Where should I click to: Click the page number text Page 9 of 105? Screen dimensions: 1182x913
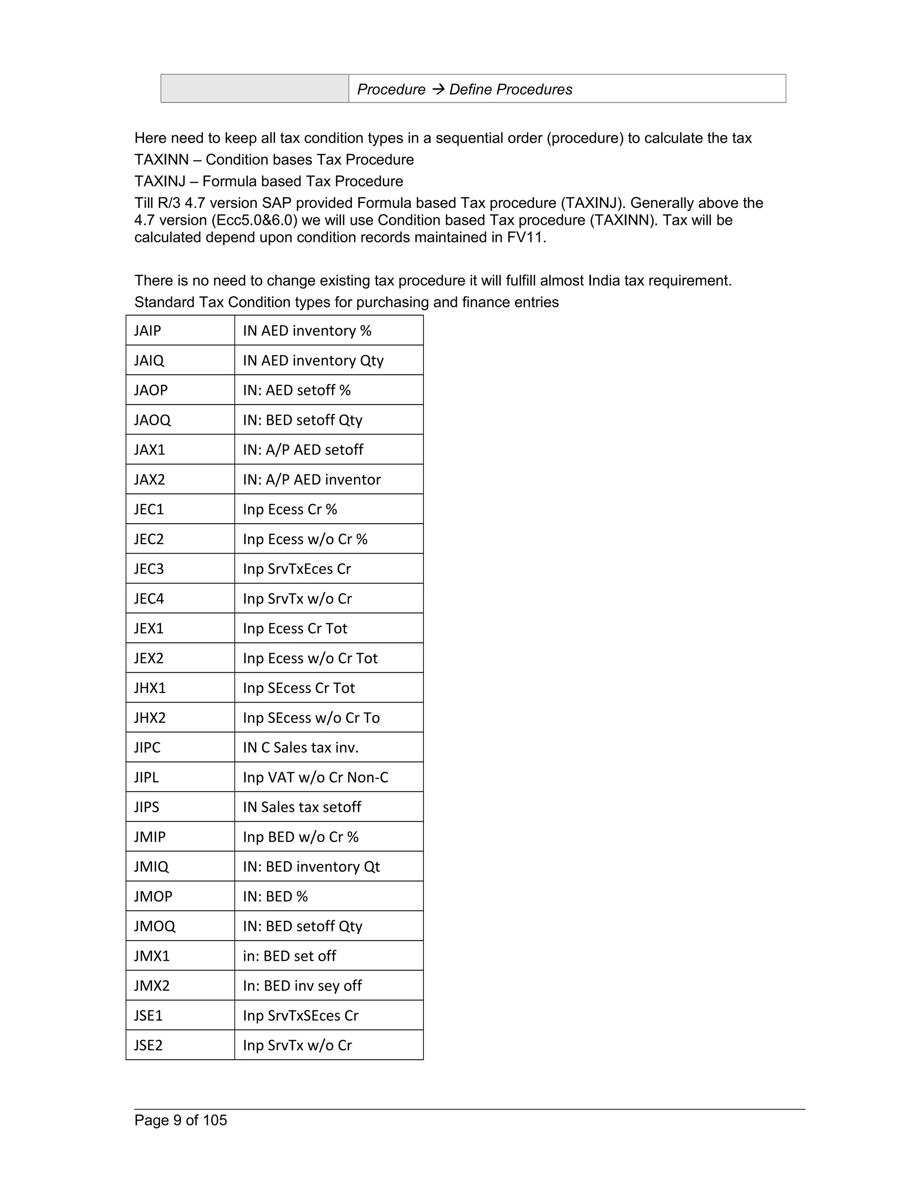[x=181, y=1120]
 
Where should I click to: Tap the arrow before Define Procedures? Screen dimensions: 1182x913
[x=437, y=89]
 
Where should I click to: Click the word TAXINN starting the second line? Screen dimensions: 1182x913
[x=161, y=160]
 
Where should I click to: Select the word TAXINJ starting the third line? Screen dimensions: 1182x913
[x=160, y=181]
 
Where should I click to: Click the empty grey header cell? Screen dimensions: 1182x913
[x=255, y=89]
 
